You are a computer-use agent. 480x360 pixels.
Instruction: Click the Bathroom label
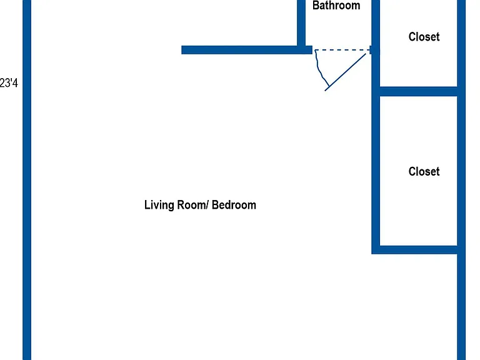pyautogui.click(x=336, y=6)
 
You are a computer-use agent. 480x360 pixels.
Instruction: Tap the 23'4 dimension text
pyautogui.click(x=9, y=83)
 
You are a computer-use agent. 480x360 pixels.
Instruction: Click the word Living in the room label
pyautogui.click(x=159, y=205)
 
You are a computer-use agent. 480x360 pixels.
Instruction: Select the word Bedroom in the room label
pyautogui.click(x=234, y=205)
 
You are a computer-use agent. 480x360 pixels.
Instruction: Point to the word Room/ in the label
pyautogui.click(x=193, y=205)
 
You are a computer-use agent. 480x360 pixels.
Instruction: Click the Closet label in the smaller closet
pyautogui.click(x=424, y=37)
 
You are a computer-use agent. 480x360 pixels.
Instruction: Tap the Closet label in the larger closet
pyautogui.click(x=424, y=171)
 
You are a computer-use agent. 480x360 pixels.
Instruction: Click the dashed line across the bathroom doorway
pyautogui.click(x=342, y=50)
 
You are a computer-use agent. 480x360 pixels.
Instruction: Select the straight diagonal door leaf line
pyautogui.click(x=345, y=72)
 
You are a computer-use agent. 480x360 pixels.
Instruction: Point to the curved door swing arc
pyautogui.click(x=319, y=68)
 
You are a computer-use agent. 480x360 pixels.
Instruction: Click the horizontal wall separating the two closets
pyautogui.click(x=419, y=91)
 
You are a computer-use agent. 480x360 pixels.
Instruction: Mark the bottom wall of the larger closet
pyautogui.click(x=415, y=249)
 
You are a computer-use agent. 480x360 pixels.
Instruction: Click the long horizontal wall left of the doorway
pyautogui.click(x=247, y=50)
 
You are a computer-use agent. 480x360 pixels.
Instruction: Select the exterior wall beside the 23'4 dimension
pyautogui.click(x=27, y=180)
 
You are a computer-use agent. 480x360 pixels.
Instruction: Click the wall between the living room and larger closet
pyautogui.click(x=376, y=171)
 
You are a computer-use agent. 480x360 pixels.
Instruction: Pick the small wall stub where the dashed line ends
pyautogui.click(x=371, y=50)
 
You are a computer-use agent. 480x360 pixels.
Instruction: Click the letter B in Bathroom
pyautogui.click(x=316, y=6)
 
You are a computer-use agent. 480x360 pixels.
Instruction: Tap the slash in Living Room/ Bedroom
pyautogui.click(x=207, y=205)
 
